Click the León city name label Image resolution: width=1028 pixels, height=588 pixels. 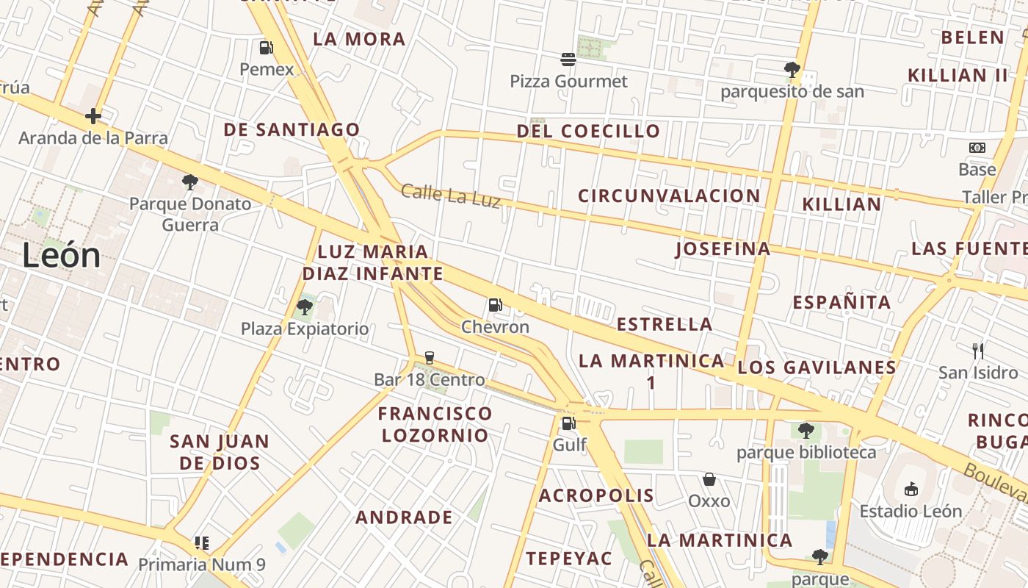(x=61, y=256)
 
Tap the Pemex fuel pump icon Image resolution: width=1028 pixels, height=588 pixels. (x=266, y=48)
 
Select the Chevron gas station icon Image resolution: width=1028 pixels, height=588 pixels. (x=496, y=305)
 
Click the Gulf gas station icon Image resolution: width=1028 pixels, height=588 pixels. (x=568, y=423)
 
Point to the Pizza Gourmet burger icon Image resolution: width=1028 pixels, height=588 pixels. (x=568, y=59)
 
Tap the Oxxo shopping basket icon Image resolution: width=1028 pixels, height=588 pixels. (x=709, y=479)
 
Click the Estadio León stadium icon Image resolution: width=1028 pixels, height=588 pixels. (x=911, y=489)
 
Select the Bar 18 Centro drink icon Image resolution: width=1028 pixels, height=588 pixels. (x=430, y=358)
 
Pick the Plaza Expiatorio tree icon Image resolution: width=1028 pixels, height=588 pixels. (x=305, y=306)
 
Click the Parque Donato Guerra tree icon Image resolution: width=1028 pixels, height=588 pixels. (x=190, y=182)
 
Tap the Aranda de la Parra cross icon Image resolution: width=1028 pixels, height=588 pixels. (x=93, y=116)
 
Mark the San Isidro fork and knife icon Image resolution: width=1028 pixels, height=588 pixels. (x=978, y=351)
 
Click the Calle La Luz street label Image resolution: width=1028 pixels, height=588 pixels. (x=450, y=196)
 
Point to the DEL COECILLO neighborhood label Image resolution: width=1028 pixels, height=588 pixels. (x=588, y=132)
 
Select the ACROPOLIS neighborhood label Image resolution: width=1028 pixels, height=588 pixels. (x=596, y=495)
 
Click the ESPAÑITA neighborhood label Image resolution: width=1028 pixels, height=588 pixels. (x=841, y=302)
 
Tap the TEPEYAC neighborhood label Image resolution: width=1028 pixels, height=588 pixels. (x=569, y=559)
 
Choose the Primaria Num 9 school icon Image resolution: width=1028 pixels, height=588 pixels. (x=202, y=543)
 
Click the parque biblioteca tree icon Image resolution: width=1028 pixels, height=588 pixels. (x=806, y=430)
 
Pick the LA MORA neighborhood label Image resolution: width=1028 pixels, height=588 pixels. (x=359, y=39)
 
